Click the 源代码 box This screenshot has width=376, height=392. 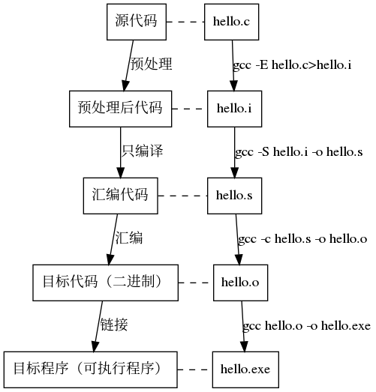[136, 21]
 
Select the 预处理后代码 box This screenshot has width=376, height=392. [120, 109]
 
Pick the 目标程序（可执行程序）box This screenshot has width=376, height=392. [89, 369]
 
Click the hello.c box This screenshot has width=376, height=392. [231, 21]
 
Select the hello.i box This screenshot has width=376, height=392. [234, 109]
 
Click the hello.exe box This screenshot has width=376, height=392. [240, 370]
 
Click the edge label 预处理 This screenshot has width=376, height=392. [151, 64]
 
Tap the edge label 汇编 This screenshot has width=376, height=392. [128, 238]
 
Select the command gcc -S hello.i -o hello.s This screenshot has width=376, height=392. [299, 152]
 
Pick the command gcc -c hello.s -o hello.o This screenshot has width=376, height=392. [302, 239]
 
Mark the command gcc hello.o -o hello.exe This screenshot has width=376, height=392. [306, 326]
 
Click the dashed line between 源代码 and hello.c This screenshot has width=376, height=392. [185, 21]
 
